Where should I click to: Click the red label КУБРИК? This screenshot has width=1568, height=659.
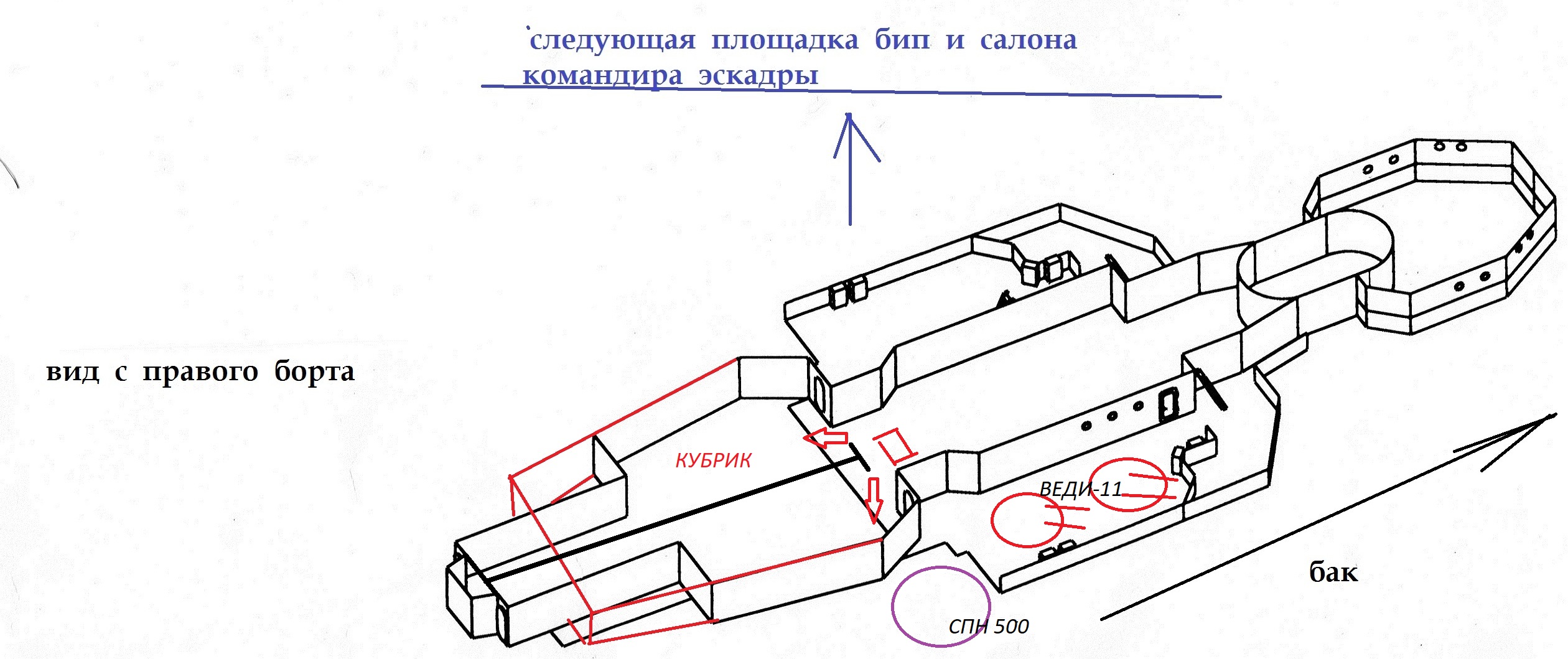(x=713, y=460)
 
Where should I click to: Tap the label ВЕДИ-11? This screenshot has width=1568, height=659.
(x=1081, y=490)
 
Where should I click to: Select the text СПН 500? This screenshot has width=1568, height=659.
(x=988, y=627)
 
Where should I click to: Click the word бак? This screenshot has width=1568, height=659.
(x=1333, y=572)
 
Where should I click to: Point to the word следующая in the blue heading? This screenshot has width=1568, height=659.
(x=612, y=40)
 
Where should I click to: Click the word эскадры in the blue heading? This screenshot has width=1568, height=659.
(x=758, y=76)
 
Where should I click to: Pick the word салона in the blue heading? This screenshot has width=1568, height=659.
(x=1028, y=40)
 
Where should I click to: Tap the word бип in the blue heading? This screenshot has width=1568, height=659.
(x=902, y=40)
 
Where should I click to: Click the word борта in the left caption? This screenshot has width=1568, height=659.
(x=314, y=372)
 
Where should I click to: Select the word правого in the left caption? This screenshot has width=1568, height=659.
(x=200, y=373)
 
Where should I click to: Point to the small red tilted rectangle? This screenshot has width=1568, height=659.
(x=895, y=446)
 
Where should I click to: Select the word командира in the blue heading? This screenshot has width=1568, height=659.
(x=602, y=76)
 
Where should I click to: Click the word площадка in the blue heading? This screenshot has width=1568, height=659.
(x=785, y=40)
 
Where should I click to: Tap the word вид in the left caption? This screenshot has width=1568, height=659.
(x=73, y=372)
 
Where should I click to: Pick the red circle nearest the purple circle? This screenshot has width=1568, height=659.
(x=1027, y=520)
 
